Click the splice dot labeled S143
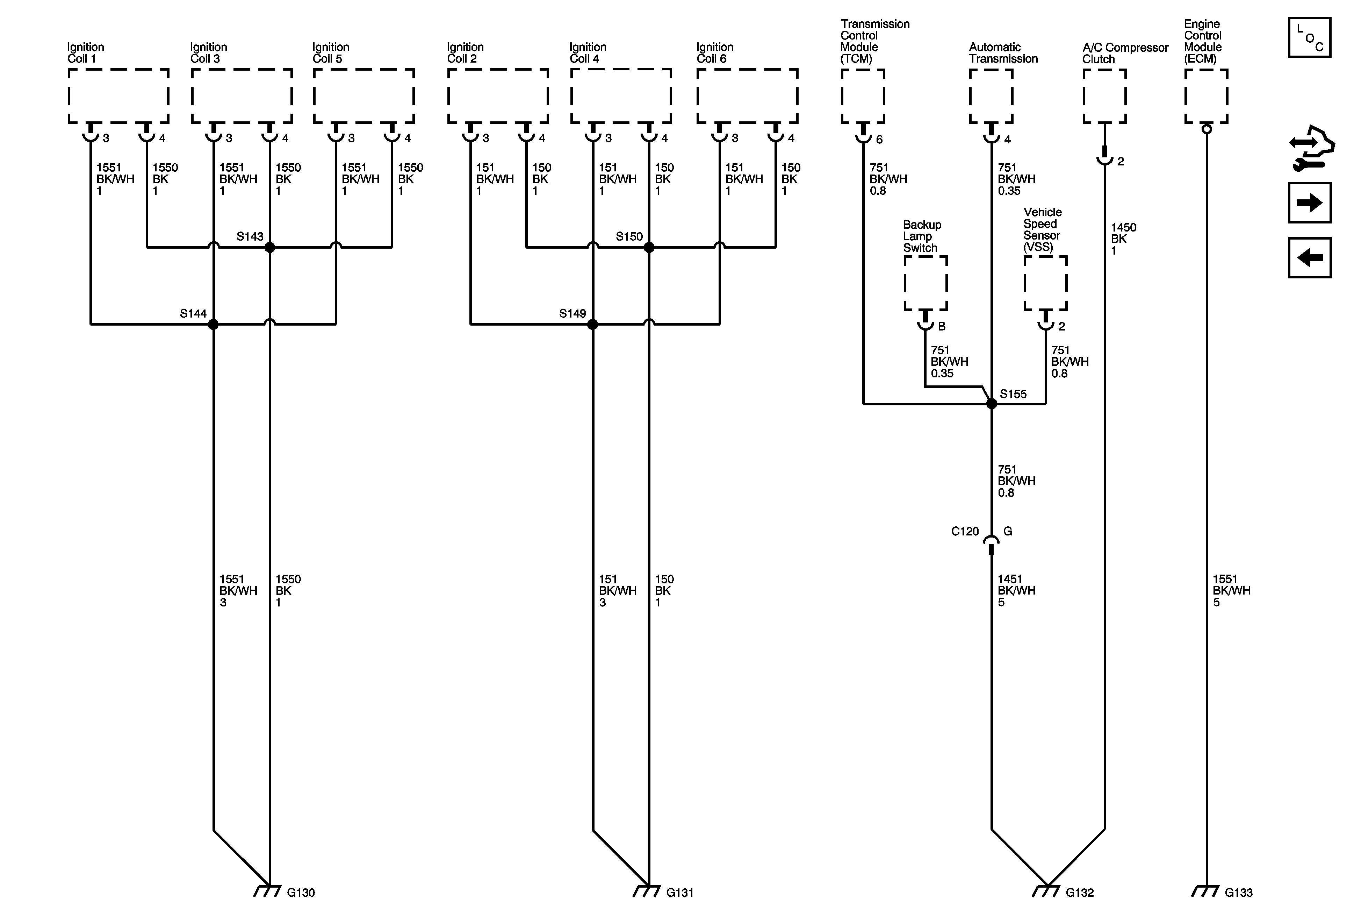tap(269, 248)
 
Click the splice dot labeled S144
tap(213, 324)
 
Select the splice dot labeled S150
tap(649, 248)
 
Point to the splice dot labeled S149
tap(592, 324)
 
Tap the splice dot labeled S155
tap(991, 403)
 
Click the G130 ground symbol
tap(267, 891)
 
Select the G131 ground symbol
tap(647, 891)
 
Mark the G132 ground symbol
tap(1046, 891)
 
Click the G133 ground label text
tap(1238, 893)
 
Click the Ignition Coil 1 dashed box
tap(118, 96)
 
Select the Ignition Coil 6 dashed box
tap(747, 96)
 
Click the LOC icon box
tap(1309, 38)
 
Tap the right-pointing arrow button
tap(1309, 203)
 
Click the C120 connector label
tap(965, 532)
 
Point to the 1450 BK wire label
tap(1123, 239)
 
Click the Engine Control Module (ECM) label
tap(1203, 41)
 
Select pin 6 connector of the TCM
tap(863, 136)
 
